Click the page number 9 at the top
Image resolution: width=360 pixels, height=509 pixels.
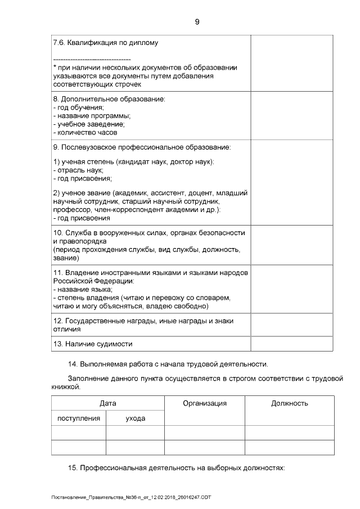click(197, 22)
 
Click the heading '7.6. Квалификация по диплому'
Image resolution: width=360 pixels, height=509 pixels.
click(105, 43)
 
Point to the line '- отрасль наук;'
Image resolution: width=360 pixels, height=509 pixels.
click(78, 170)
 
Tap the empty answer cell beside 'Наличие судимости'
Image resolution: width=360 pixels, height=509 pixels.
click(291, 344)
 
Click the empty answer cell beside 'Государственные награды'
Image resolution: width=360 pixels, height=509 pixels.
click(291, 325)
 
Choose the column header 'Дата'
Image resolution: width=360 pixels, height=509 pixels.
click(107, 403)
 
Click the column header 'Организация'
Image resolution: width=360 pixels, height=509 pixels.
click(205, 403)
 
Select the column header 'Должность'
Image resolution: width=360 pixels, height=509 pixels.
click(289, 403)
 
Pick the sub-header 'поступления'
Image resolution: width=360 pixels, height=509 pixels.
click(79, 418)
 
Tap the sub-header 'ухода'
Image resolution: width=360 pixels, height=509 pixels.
click(135, 418)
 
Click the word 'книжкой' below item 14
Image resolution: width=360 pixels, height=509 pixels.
click(66, 388)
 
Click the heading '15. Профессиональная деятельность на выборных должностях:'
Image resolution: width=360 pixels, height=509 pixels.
click(176, 467)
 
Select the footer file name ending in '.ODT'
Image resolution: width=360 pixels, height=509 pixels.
click(130, 498)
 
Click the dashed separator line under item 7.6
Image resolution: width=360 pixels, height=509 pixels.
click(92, 59)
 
